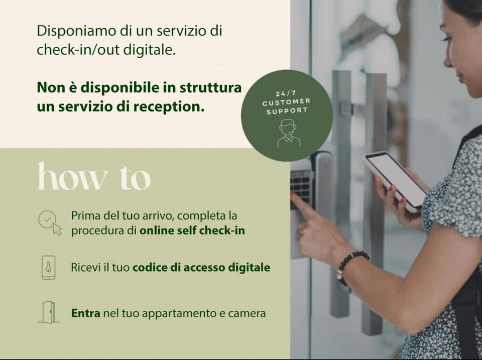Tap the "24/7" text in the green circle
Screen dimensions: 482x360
286,94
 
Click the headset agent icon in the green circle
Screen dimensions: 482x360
288,133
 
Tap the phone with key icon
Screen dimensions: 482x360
49,267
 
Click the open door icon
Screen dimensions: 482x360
49,312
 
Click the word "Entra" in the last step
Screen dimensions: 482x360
86,313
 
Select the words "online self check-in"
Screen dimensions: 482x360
192,230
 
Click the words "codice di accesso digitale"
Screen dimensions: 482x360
201,267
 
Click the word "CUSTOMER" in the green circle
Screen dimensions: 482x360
287,102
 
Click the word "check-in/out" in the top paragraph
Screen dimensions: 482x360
78,50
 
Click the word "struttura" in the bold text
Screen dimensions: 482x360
210,88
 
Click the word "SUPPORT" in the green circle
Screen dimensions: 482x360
287,110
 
